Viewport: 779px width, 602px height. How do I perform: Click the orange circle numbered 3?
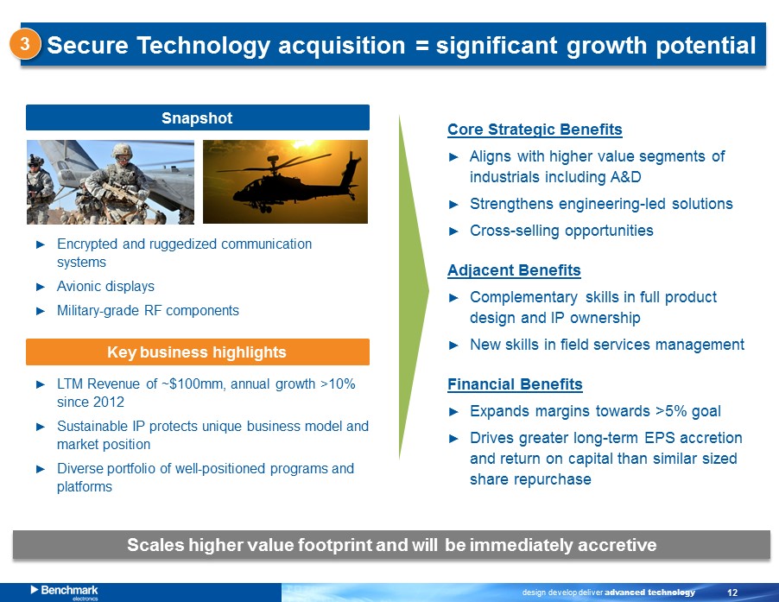(x=24, y=44)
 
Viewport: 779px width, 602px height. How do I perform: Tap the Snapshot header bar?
(x=197, y=117)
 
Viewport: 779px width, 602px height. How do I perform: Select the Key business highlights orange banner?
(x=197, y=352)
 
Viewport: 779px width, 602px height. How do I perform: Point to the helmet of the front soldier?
(x=122, y=149)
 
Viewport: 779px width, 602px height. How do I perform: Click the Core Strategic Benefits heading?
(x=535, y=130)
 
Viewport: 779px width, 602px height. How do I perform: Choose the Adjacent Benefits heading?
(x=514, y=270)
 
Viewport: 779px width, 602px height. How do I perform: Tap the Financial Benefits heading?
(x=515, y=384)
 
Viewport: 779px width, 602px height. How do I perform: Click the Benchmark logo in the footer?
(x=64, y=591)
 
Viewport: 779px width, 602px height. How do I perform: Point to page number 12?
(x=732, y=592)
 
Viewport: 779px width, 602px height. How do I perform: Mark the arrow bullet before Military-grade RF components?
(x=41, y=311)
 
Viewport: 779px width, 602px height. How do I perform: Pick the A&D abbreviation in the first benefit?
(x=625, y=177)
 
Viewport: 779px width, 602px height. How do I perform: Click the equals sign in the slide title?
(x=421, y=46)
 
